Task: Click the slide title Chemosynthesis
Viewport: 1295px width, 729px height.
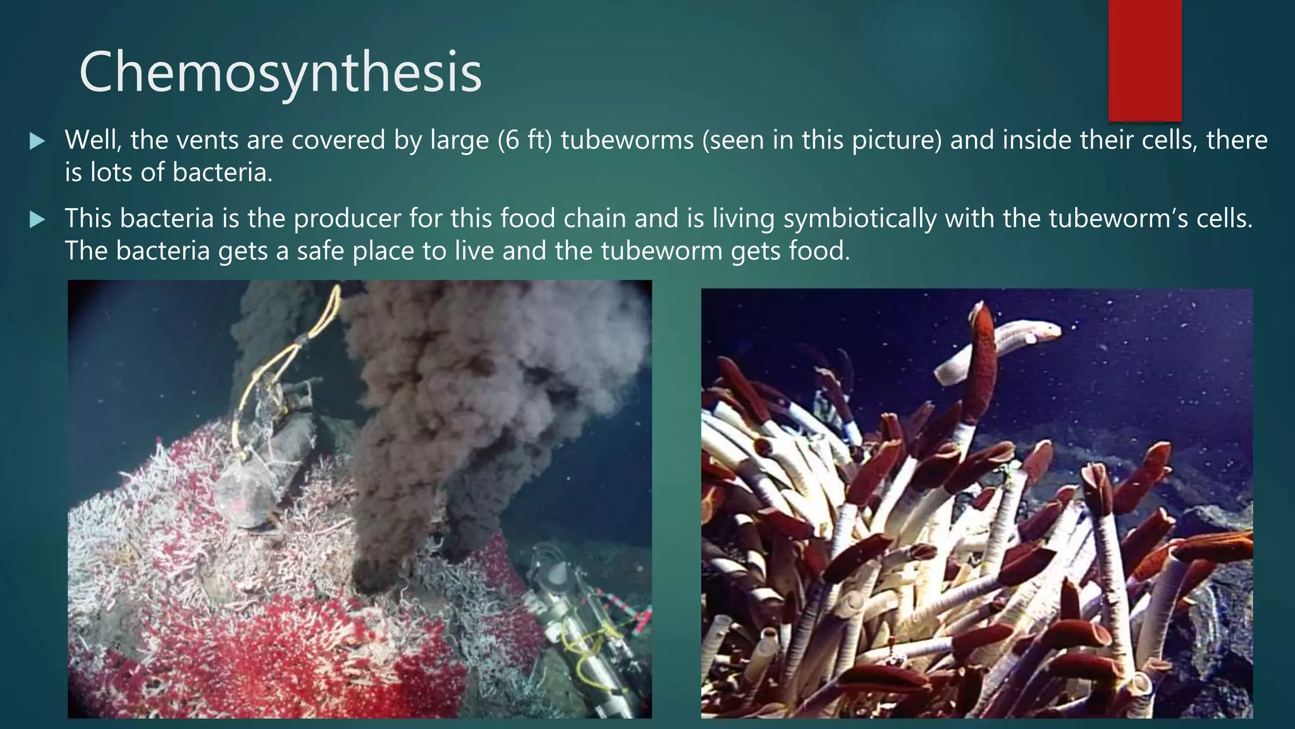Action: (x=280, y=73)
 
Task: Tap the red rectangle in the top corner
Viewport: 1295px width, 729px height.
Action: (x=1145, y=60)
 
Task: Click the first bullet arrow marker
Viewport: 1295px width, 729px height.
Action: (x=37, y=141)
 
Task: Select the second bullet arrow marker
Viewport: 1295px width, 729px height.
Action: (x=37, y=220)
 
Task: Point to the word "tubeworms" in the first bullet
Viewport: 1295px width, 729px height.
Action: (x=627, y=140)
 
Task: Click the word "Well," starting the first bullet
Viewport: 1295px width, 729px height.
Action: (x=93, y=140)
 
